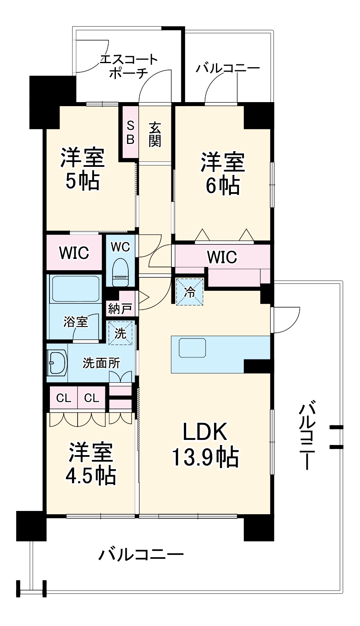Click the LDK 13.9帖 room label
[x=205, y=444]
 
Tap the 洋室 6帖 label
[x=222, y=173]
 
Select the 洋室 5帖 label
[x=82, y=169]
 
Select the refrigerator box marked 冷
[x=190, y=292]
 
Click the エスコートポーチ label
[x=129, y=67]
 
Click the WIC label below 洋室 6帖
[x=222, y=257]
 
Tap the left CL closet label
[x=63, y=398]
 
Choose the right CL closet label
[x=91, y=398]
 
